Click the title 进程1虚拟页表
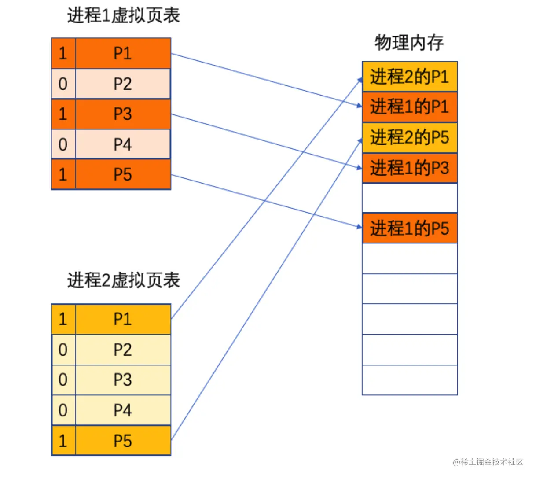(123, 15)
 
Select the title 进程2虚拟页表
(123, 280)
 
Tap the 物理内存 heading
(409, 43)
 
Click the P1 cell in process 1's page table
(123, 53)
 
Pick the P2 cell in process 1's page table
(123, 84)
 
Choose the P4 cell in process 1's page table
(123, 144)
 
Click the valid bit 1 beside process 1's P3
(63, 114)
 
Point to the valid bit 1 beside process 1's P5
(63, 175)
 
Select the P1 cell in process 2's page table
(123, 319)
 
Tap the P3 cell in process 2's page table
(123, 380)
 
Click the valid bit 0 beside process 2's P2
(63, 350)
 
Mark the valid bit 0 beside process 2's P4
(63, 410)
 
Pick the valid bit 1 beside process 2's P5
(63, 441)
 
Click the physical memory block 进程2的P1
(410, 77)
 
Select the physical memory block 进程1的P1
(410, 107)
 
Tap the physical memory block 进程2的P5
(410, 137)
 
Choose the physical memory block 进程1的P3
(410, 168)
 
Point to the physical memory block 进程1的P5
(410, 228)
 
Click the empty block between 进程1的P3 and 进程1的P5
(410, 198)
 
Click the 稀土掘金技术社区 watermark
(488, 462)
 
